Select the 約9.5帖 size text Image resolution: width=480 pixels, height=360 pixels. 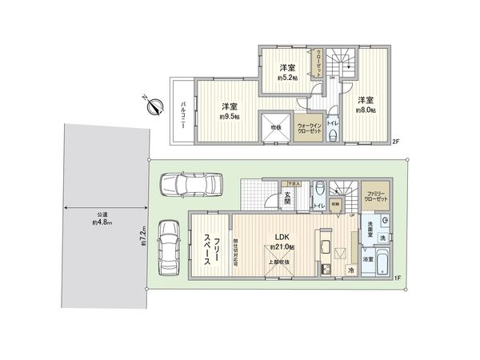231,116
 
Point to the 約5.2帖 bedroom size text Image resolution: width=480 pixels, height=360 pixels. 287,78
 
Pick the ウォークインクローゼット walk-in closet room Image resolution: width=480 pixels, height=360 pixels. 310,127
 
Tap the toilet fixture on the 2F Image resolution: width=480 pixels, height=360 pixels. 331,135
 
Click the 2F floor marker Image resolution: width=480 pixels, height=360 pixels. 395,142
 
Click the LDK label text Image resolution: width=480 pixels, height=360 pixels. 282,238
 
